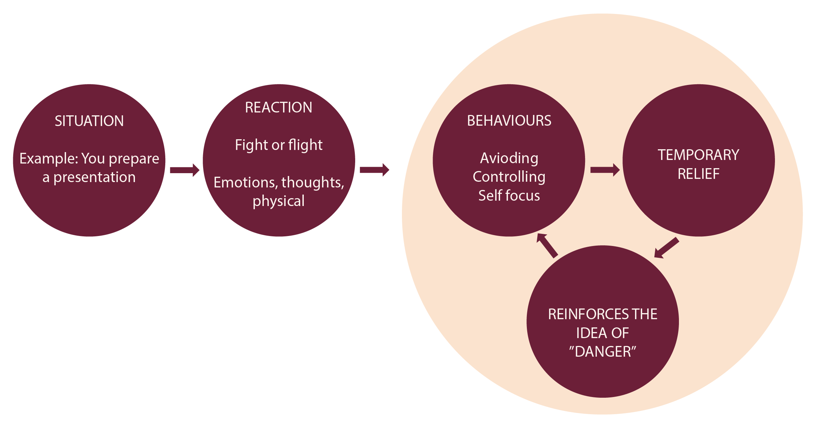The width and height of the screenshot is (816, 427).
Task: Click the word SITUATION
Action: coord(89,121)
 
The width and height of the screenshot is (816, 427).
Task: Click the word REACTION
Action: coord(278,107)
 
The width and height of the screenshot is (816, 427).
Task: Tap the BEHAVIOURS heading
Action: coord(509,121)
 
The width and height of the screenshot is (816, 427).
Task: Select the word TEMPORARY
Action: coord(698,155)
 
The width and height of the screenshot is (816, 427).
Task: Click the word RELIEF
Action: coord(698,174)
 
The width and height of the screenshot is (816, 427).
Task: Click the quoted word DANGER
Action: coord(603,352)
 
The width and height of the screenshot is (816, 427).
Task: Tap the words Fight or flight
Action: coord(278,145)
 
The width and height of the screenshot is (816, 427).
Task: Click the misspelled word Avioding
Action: coord(509,158)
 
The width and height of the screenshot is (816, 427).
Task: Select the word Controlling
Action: coord(509,177)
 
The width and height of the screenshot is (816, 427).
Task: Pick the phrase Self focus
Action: coord(509,196)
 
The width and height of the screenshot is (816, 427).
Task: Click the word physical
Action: coord(278,201)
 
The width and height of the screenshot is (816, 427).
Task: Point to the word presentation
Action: coord(95,177)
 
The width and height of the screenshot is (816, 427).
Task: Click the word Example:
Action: coord(49,159)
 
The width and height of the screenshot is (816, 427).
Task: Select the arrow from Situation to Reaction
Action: coord(184,170)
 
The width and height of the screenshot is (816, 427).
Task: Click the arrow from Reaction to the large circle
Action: coord(374,170)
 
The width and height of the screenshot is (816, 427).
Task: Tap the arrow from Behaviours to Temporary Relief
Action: coord(605,170)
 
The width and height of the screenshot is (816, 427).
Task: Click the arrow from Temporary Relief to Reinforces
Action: coord(666,248)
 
